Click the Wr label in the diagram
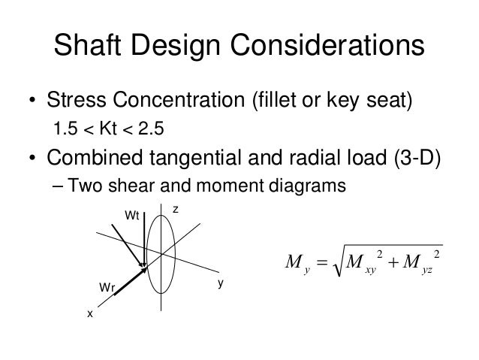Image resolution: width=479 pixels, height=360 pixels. tap(107, 287)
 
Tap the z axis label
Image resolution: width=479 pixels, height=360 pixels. tap(174, 211)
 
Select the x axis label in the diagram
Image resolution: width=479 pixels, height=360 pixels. tap(89, 314)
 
